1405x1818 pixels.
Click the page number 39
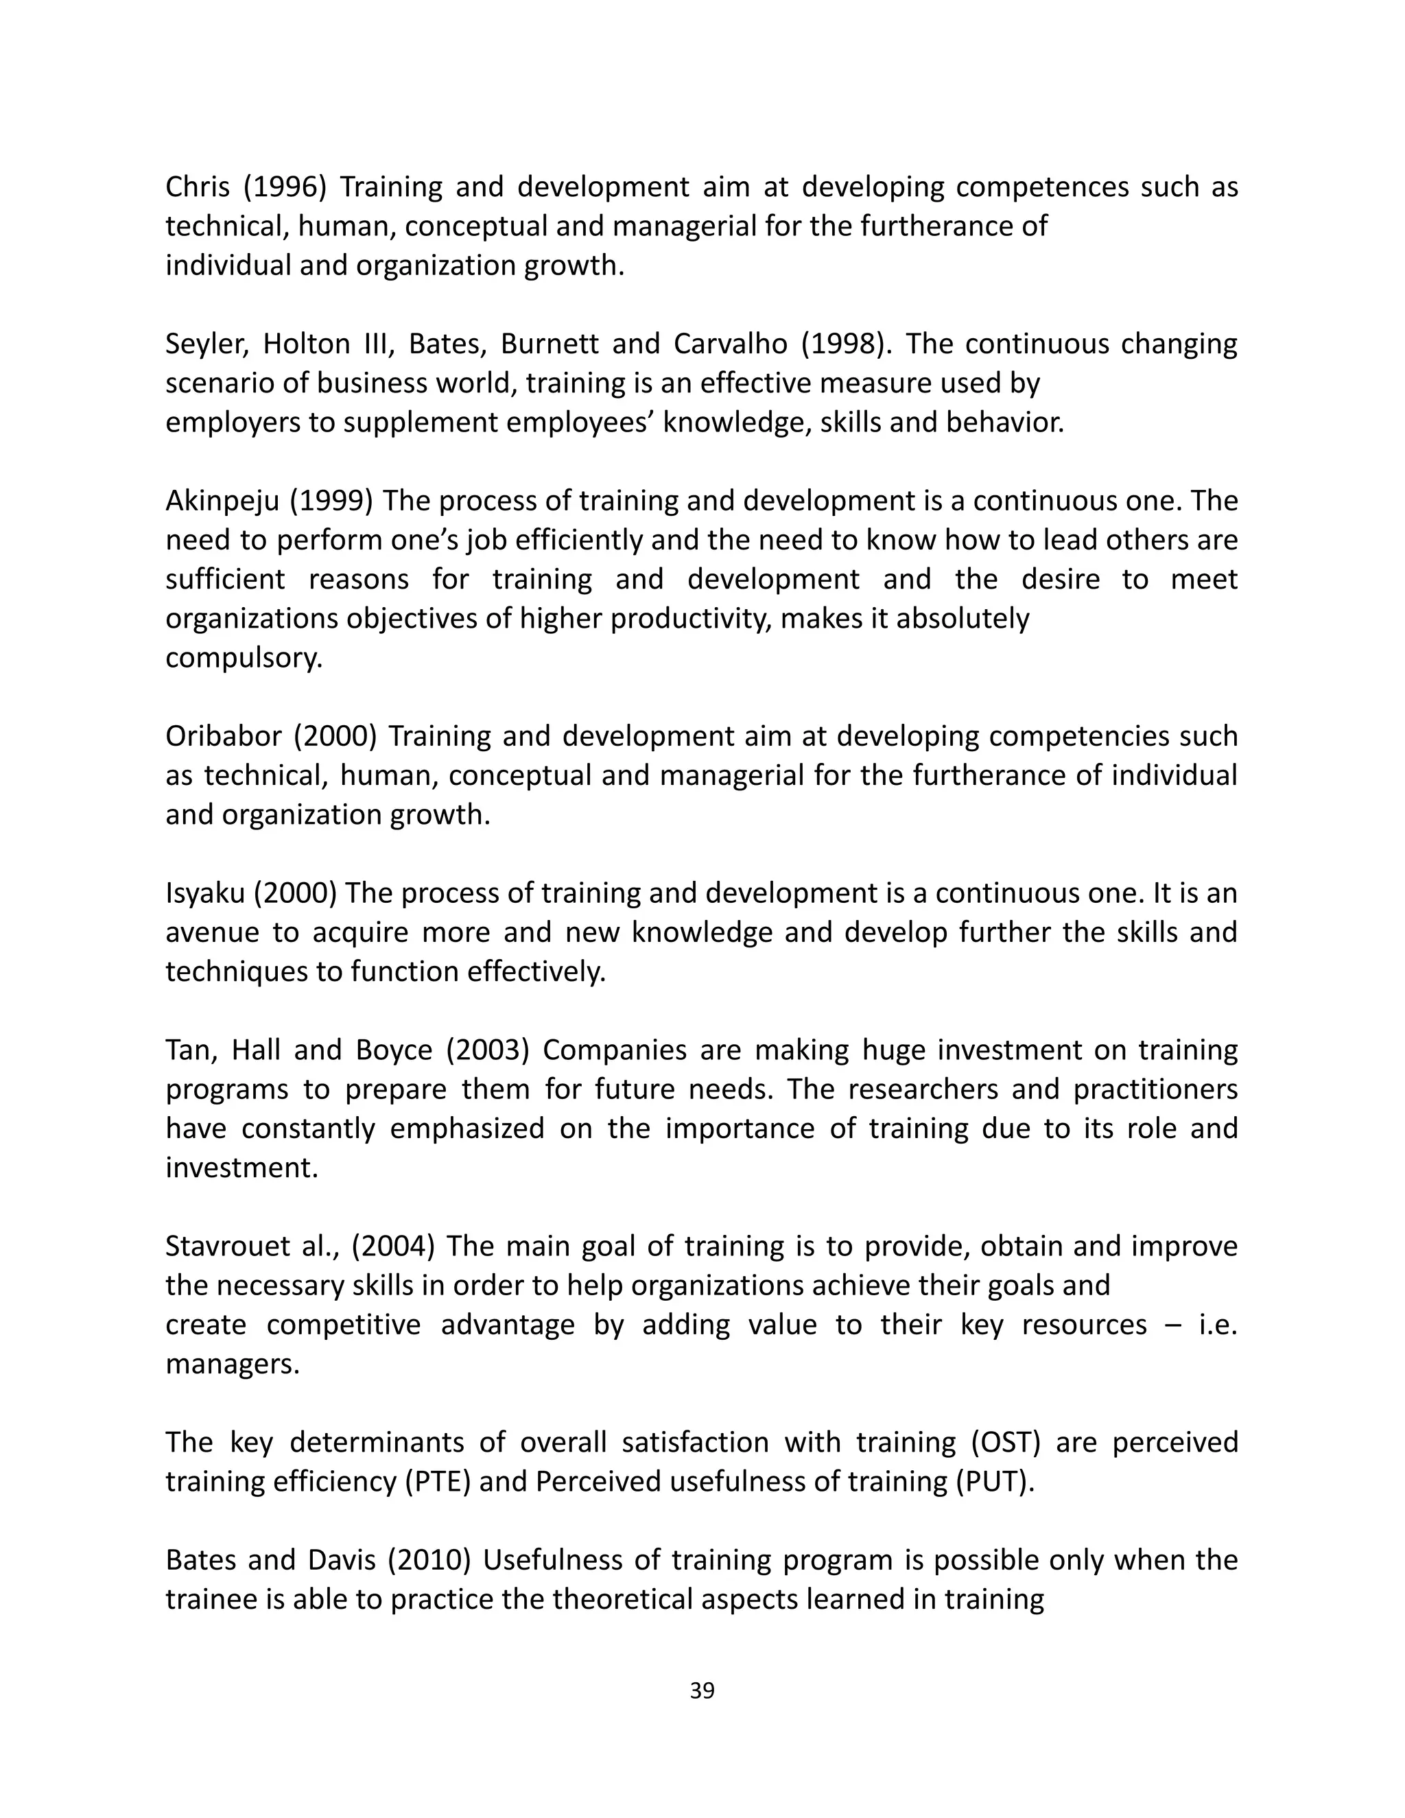click(702, 1690)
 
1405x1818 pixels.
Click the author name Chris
click(198, 187)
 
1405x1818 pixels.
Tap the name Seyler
click(206, 344)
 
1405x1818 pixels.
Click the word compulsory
click(243, 659)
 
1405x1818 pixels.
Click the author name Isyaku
click(204, 893)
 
